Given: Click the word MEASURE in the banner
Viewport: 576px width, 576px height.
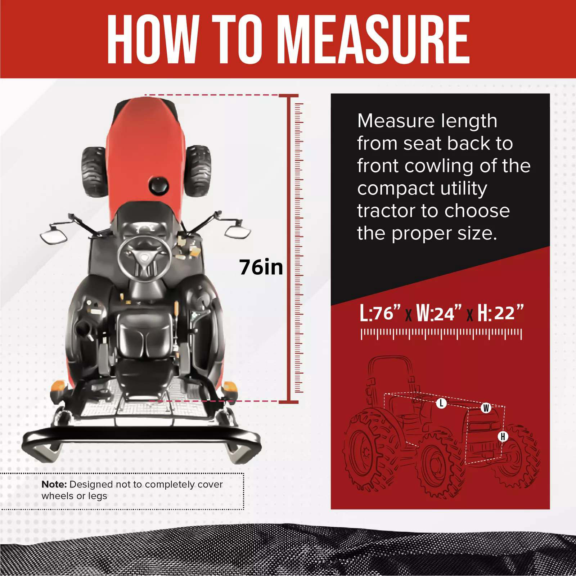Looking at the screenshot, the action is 374,39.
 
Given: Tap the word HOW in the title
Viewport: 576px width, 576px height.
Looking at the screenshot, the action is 153,39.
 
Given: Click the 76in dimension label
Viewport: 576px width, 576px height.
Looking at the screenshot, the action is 261,267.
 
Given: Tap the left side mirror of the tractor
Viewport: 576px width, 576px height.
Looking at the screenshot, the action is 54,234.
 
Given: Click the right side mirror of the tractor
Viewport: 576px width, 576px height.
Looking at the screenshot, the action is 238,229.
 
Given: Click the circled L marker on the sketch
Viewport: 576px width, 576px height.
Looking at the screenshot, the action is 441,403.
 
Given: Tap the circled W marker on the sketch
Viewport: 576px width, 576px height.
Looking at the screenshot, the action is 486,408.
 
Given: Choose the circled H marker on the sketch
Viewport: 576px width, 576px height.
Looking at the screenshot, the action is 503,437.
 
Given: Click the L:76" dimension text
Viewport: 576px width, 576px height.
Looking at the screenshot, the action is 380,312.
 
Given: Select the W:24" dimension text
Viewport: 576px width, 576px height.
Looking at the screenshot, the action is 439,312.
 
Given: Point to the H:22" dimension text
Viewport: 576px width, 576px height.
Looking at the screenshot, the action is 500,312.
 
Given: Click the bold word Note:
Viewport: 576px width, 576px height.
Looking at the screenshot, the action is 54,484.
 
